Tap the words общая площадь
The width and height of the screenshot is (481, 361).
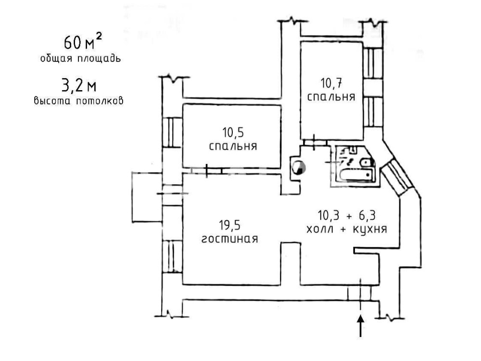pos(80,58)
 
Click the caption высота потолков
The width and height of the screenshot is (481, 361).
pos(79,101)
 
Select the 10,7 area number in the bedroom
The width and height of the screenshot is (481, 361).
pos(331,83)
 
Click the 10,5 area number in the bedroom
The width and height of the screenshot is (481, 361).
pos(233,133)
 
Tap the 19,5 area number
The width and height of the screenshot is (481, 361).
pos(230,226)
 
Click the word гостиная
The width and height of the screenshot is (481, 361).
pos(230,239)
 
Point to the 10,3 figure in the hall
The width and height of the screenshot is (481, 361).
pos(329,215)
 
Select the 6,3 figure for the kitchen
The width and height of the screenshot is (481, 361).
pos(367,215)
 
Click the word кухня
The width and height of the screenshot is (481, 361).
pos(370,229)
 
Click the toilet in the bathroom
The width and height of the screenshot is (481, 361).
pos(366,162)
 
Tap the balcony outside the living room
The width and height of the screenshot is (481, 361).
pos(147,197)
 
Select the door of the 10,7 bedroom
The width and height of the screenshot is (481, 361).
pos(315,142)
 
